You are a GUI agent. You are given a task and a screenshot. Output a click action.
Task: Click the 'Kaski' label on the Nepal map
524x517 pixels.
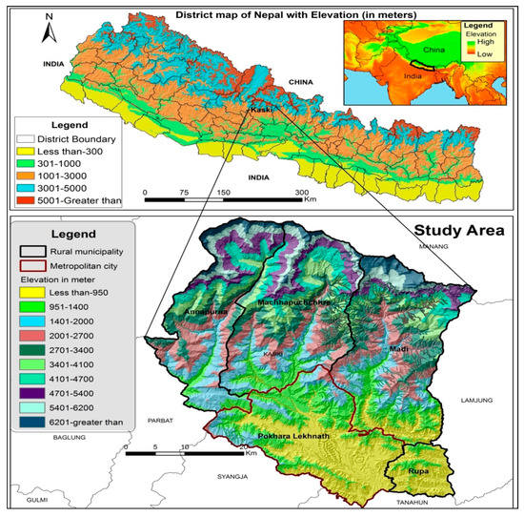[263, 110]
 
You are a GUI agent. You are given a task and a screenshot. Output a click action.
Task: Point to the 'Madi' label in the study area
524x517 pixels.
[398, 350]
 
